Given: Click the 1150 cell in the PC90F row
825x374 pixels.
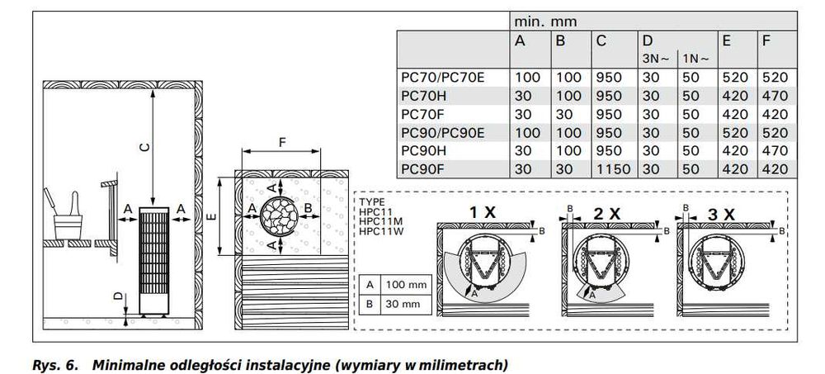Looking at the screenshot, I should coord(611,168).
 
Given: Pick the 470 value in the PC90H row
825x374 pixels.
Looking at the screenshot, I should coord(774,150).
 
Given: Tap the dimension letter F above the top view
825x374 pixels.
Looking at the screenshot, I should coord(282,142).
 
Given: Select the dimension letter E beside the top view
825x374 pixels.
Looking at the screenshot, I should coord(212,217).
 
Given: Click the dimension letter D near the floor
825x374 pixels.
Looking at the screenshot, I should coord(119,296).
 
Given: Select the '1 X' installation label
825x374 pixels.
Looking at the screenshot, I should coord(483,212).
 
